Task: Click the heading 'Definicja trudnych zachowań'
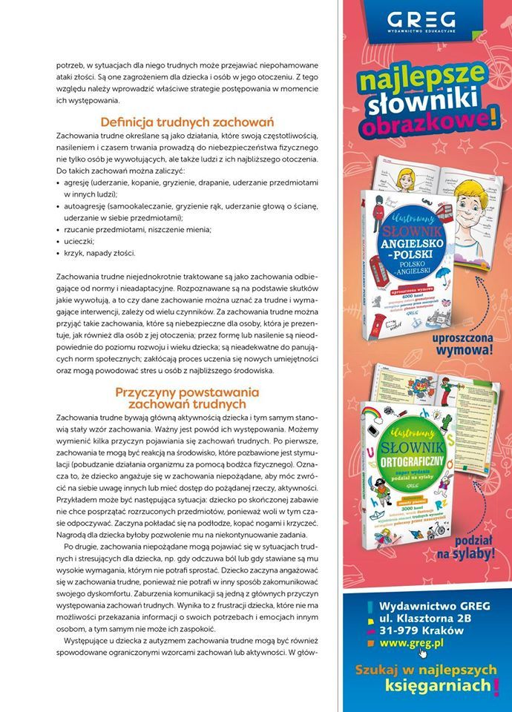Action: pos(187,122)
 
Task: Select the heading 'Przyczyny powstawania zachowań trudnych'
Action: pos(187,398)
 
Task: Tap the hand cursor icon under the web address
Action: pos(423,652)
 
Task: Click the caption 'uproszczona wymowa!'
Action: pos(462,340)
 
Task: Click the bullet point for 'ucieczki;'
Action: pos(59,241)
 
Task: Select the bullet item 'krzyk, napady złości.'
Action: pos(100,253)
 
